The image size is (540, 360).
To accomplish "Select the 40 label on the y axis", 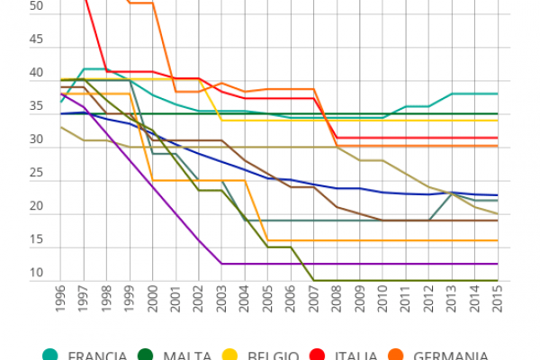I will click(12, 73).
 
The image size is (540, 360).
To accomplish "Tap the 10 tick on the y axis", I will click(12, 274).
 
